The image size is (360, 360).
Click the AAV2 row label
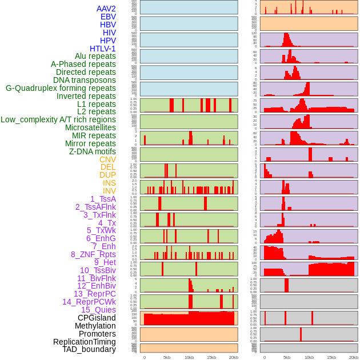[x=106, y=9]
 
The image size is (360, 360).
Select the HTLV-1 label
[x=102, y=49]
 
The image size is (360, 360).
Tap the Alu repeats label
[x=95, y=56]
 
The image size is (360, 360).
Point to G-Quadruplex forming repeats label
[x=61, y=88]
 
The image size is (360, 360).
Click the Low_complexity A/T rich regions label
[x=58, y=119]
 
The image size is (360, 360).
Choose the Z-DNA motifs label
[x=92, y=151]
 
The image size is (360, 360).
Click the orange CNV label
[x=107, y=159]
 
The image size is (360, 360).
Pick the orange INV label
[x=109, y=191]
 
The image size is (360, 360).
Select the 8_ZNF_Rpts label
[x=93, y=254]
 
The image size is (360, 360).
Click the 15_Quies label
[x=98, y=310]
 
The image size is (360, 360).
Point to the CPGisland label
[x=97, y=318]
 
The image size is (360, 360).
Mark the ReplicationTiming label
[x=84, y=342]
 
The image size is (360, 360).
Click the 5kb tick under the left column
[x=167, y=357]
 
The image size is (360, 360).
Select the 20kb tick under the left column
[x=234, y=357]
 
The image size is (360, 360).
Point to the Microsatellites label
[x=90, y=127]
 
